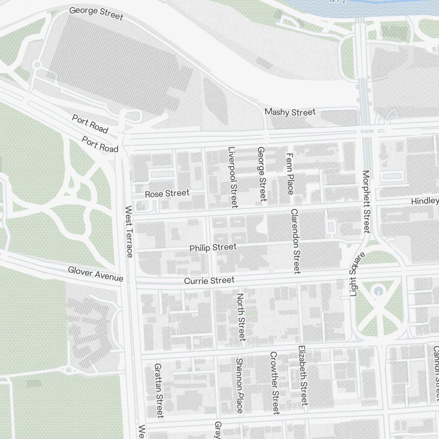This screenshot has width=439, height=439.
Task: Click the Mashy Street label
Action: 290,112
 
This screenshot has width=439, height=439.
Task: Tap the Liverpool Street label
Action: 232,177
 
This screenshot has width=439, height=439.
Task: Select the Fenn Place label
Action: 289,174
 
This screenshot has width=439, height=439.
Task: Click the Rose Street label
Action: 167,193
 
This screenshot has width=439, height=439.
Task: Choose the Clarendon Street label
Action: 294,241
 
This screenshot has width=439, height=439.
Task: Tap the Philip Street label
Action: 213,248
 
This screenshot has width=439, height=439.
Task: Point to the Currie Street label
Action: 209,280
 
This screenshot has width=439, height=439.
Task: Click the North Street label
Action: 241,317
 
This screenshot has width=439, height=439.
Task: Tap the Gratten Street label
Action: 159,390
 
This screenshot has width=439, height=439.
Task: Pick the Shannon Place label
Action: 239,385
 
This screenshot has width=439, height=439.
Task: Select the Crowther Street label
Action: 274,383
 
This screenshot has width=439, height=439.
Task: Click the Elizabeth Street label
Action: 302,375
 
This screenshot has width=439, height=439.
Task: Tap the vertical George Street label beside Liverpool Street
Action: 262,174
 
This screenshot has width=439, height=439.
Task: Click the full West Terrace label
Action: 129,232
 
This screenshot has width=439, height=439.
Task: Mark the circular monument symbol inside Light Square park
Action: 377,291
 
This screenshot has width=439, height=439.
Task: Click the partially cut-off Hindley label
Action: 425,201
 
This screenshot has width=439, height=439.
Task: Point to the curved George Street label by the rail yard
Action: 97,12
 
